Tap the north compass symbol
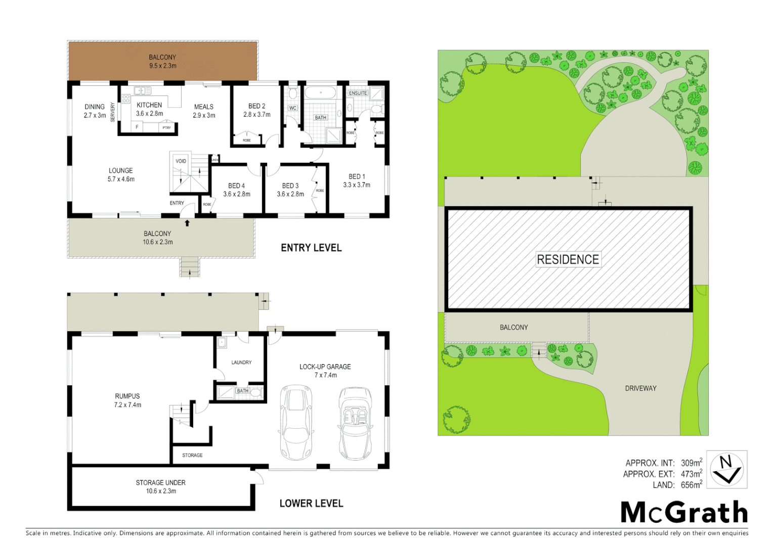click(726, 469)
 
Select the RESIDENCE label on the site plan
click(568, 259)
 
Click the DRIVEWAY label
click(640, 388)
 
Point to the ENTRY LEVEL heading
click(311, 248)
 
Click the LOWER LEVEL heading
click(311, 503)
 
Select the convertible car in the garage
click(355, 423)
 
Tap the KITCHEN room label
click(149, 105)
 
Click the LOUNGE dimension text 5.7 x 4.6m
click(121, 179)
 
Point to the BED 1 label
click(357, 176)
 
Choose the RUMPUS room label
click(127, 396)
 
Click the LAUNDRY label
click(241, 362)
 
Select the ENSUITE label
click(358, 93)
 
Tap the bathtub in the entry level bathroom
click(320, 93)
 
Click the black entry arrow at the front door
click(187, 222)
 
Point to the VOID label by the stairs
click(181, 161)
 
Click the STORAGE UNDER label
click(160, 482)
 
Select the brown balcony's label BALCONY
click(162, 57)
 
